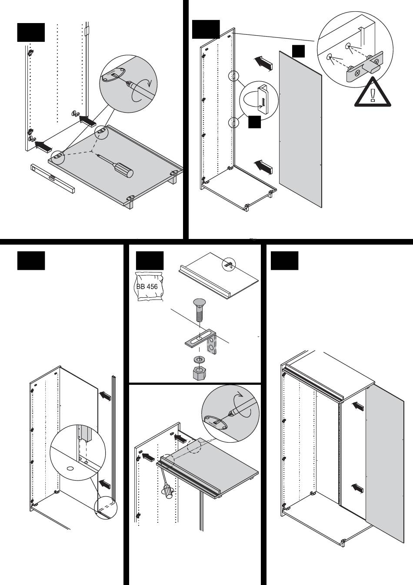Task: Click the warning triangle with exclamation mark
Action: pos(373,92)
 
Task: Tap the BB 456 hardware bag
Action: pos(148,286)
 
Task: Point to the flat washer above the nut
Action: pos(199,360)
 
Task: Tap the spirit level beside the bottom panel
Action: pos(53,178)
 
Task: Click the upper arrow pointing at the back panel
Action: pos(263,63)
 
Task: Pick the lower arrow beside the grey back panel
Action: pos(263,167)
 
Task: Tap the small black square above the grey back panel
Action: pos(298,51)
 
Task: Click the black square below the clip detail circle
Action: pos(254,122)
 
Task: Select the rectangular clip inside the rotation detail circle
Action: pos(263,100)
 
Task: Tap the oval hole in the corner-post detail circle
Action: pos(70,468)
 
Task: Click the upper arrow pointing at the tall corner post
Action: pos(105,396)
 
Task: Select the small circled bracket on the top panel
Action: pos(229,265)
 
